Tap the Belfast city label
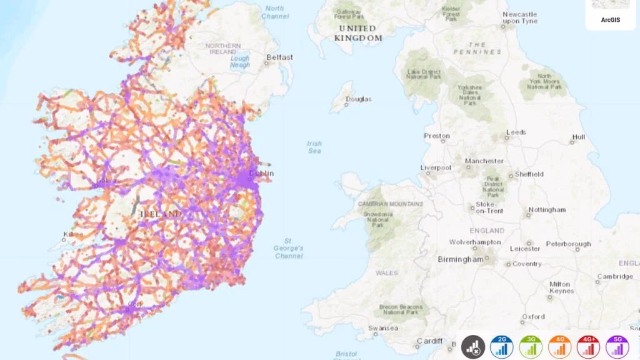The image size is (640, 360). point(279,57)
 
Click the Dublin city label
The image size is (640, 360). point(261,174)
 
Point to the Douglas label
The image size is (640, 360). point(359,99)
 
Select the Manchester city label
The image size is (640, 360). point(484,161)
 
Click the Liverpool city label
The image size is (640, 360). point(436,167)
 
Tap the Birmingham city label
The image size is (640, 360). point(461,259)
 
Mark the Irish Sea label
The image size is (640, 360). point(314,147)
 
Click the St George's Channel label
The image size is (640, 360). point(289,248)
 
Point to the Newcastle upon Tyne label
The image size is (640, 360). point(520,17)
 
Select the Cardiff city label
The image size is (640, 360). point(430,341)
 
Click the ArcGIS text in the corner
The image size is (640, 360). point(610,20)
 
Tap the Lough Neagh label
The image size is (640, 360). point(239,61)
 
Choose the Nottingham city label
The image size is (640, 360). point(547,210)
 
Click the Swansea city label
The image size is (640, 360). point(383,328)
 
